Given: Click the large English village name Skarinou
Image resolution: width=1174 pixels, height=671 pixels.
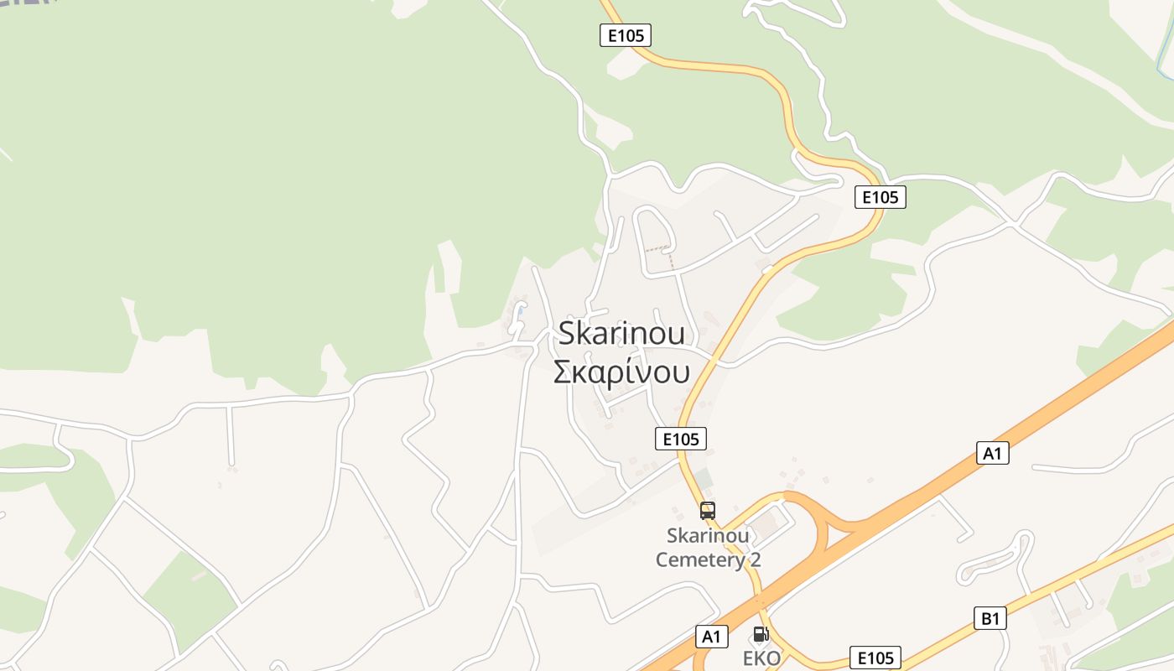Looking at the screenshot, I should click(621, 333).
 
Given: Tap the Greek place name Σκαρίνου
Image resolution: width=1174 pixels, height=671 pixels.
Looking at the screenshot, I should click(621, 371).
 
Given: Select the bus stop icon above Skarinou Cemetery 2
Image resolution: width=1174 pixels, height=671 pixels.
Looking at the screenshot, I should click(708, 510).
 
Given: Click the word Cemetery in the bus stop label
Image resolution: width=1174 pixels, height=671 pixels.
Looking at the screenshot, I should click(699, 559).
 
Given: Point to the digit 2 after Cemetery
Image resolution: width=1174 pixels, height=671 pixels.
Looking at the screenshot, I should click(755, 559).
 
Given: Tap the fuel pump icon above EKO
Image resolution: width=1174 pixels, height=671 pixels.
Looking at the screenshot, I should click(761, 634).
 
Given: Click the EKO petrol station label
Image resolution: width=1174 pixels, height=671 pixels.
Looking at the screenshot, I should click(761, 658).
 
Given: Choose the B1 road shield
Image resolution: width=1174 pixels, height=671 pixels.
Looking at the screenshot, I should click(990, 619).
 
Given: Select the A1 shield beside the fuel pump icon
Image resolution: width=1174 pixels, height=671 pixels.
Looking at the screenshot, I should click(711, 637).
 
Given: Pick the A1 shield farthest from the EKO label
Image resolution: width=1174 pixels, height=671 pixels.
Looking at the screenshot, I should click(993, 453).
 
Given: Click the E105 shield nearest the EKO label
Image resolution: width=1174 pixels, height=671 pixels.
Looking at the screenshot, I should click(875, 658).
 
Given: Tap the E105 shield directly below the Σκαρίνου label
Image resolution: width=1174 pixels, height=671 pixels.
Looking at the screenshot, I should click(680, 438).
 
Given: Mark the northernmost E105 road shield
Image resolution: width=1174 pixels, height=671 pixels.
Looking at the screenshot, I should click(626, 35).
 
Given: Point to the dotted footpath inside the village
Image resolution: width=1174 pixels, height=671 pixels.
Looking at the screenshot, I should click(659, 249).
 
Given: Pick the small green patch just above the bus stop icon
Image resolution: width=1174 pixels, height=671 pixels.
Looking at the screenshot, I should click(704, 480).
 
